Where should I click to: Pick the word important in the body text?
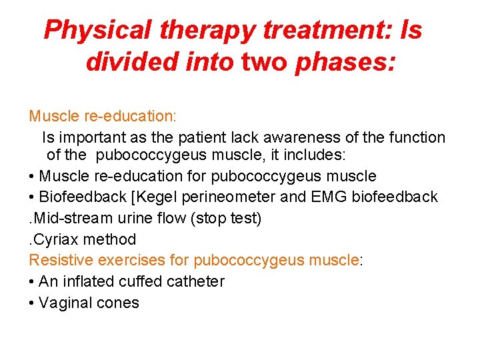pyautogui.click(x=89, y=138)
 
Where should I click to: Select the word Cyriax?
pyautogui.click(x=55, y=239)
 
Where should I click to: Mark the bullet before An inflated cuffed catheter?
pyautogui.click(x=32, y=281)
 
